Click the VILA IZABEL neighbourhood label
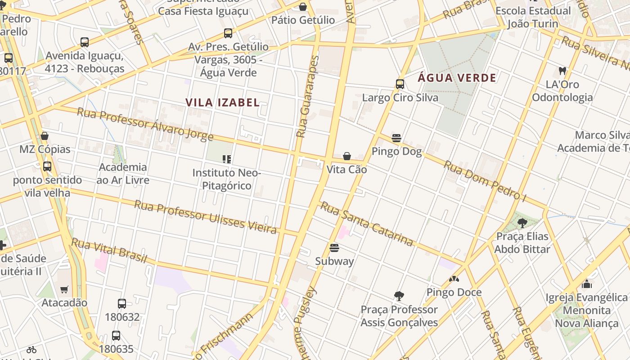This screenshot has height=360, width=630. tap(222, 103)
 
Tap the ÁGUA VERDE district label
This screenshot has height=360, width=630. tap(457, 78)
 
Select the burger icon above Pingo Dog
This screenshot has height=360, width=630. tap(396, 138)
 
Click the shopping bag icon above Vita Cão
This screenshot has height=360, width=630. tap(347, 156)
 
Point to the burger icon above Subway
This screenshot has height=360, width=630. tap(334, 248)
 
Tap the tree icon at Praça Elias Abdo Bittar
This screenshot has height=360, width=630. tap(522, 223)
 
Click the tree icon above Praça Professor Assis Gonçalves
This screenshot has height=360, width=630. tap(399, 296)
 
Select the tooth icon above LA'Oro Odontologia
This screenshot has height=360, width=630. tap(562, 71)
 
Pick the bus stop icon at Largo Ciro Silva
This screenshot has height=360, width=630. tap(400, 84)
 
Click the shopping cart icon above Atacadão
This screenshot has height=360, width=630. tap(64, 289)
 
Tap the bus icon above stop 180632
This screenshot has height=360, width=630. tap(122, 304)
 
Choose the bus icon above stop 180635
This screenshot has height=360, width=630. tap(116, 336)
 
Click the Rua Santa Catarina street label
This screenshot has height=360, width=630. tap(366, 224)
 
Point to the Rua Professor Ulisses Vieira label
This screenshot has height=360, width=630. tap(205, 217)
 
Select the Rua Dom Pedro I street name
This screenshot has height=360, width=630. tap(485, 180)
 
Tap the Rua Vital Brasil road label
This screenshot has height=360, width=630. tap(109, 251)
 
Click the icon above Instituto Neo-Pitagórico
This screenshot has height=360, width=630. tap(227, 159)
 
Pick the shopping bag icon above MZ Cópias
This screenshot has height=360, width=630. tap(45, 136)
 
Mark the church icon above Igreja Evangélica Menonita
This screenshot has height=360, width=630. tap(586, 284)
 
